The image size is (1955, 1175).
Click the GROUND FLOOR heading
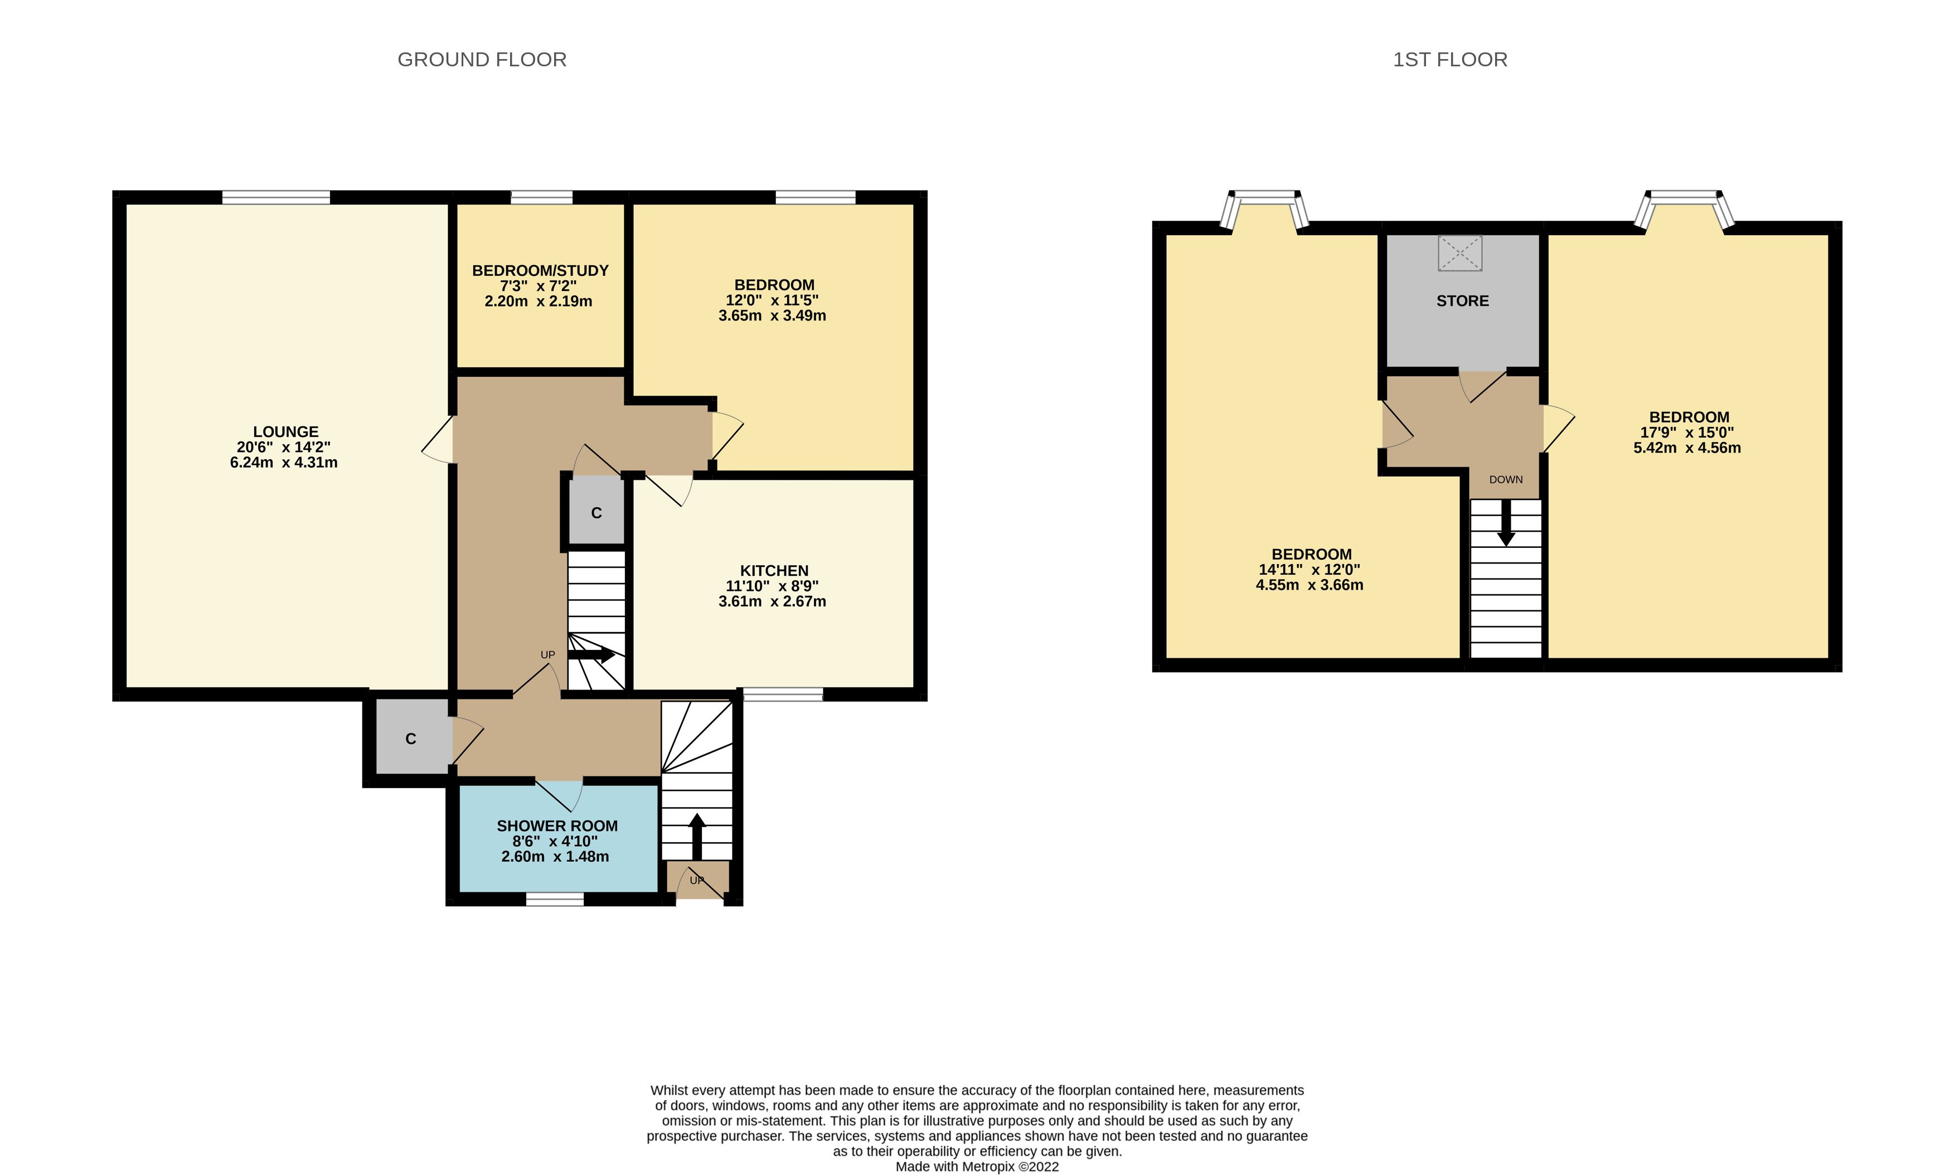[x=482, y=60]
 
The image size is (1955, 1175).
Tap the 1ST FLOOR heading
[x=1450, y=60]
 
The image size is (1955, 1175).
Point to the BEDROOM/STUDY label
[x=540, y=271]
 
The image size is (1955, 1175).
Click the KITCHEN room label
[x=774, y=571]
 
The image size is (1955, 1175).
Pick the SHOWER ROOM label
[x=557, y=826]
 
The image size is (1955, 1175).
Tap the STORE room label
[x=1463, y=301]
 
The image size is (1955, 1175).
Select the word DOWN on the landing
[x=1505, y=479]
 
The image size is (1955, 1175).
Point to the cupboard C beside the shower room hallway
[x=411, y=739]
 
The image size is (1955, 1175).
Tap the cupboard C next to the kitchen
[x=596, y=513]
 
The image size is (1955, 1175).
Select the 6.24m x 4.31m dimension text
[x=284, y=463]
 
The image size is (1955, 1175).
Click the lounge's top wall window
[x=275, y=197]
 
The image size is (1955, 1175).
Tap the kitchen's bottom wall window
[x=783, y=695]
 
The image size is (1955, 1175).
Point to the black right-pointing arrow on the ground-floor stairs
[x=591, y=656]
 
